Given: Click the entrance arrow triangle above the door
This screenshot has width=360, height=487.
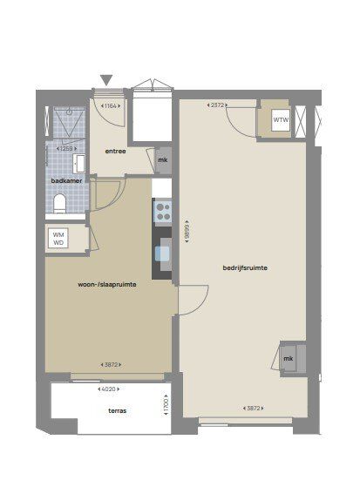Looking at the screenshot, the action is coord(106,80).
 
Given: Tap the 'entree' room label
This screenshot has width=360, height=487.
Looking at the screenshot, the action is coord(115,152).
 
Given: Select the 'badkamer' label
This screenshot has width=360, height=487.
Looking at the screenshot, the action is coord(66,180).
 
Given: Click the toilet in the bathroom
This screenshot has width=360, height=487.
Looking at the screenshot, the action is coord(59,204).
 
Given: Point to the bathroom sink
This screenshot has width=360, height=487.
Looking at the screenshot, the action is coord(79,164).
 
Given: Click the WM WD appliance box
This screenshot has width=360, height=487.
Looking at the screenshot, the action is coord(58,239).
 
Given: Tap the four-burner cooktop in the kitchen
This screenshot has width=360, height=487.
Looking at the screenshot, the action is coord(163,212).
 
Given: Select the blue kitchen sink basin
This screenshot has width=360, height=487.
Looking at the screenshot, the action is coord(163,254).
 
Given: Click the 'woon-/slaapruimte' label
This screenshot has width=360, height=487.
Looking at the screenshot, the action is coord(107,285).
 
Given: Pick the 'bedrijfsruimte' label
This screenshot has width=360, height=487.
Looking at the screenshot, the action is coord(245,267).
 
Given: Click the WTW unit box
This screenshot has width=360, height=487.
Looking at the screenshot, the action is coord(281,120).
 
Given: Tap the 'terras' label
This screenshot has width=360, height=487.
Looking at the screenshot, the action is coord(117,410).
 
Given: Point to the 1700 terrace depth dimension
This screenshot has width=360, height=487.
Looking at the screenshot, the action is coord(166,405).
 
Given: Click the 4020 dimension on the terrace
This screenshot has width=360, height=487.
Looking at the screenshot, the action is coord(108,389).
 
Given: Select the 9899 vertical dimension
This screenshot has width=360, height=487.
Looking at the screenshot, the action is coord(187,231).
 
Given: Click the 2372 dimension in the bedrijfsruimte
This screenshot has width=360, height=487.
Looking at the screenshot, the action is coord(217,105).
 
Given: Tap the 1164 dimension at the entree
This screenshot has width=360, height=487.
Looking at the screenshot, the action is coord(111,105).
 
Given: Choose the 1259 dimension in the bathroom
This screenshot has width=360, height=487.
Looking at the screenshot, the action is coord(66,148).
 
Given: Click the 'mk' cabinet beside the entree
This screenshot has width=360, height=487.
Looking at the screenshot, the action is coord(163,160).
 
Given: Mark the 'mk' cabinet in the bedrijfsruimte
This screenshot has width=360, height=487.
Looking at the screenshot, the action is coord(289,358).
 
